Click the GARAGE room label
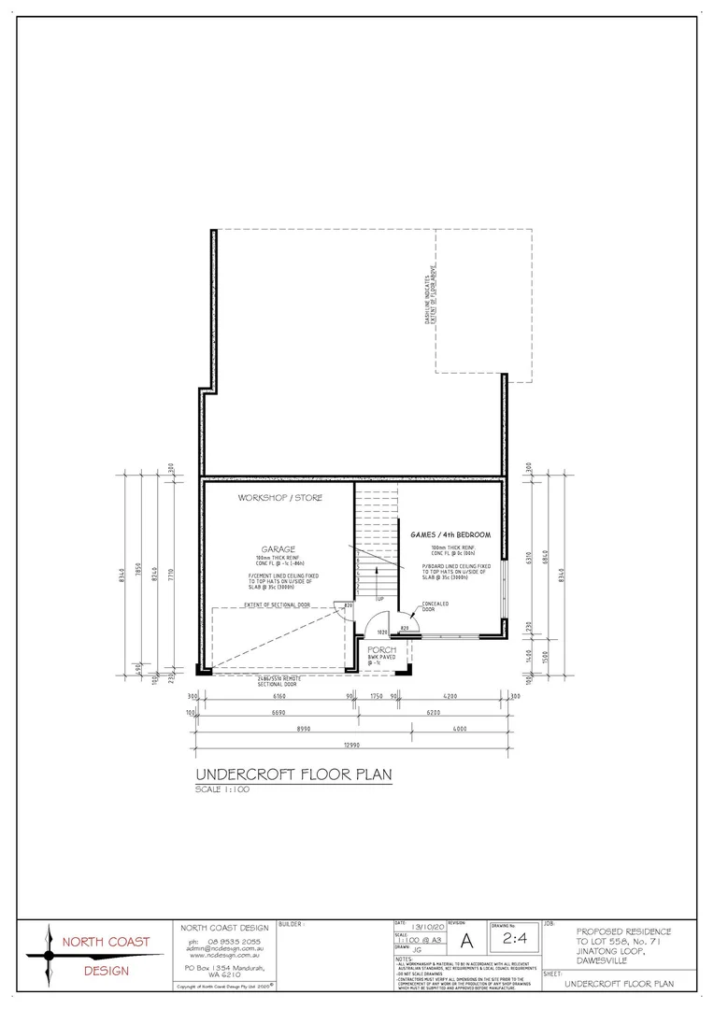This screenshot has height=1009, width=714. [278, 549]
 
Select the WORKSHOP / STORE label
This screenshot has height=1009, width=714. [280, 498]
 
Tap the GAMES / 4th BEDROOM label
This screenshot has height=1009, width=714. [450, 534]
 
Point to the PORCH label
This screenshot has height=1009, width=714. [381, 649]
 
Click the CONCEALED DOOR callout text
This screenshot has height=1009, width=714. [436, 607]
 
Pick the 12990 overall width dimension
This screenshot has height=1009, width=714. [351, 745]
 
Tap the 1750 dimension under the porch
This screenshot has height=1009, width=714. [378, 696]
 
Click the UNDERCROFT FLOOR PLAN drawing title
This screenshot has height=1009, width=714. [293, 775]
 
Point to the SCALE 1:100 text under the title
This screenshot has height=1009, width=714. [222, 789]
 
